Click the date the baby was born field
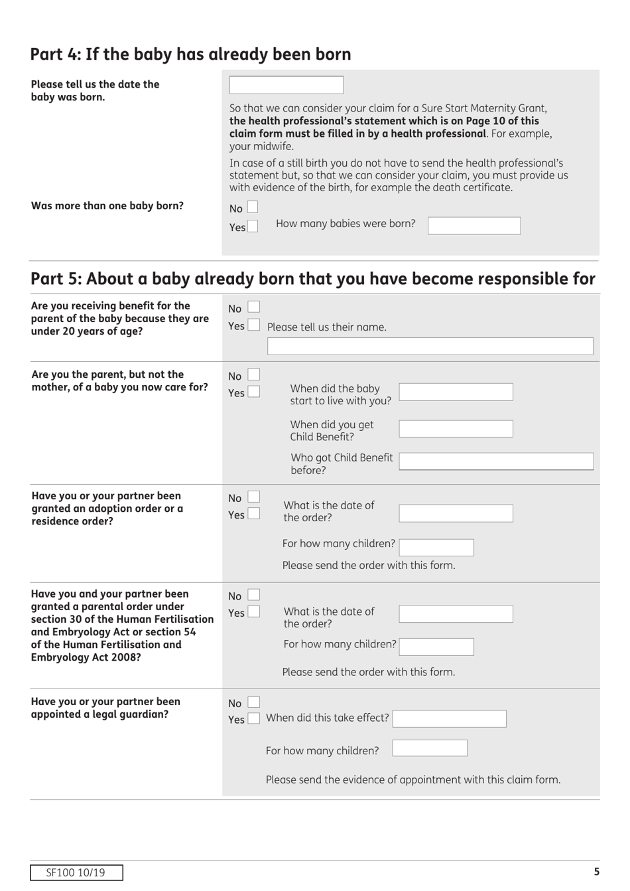coord(286,85)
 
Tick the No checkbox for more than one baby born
coord(253,208)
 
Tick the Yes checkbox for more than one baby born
coord(253,226)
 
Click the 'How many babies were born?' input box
coord(473,226)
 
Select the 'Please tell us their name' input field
coord(430,346)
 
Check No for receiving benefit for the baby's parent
coord(254,307)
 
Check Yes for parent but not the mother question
coord(254,392)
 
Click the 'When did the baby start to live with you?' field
coord(456,392)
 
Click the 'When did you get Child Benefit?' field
coord(456,428)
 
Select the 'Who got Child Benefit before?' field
coord(496,461)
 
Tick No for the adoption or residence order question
coord(254,497)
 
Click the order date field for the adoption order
coord(456,513)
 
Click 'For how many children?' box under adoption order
coord(436,547)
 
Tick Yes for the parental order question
coord(254,611)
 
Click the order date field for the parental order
coord(456,613)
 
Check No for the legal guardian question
coord(254,702)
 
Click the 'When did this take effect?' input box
coord(449,718)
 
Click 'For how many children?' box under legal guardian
coord(430,748)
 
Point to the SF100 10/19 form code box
coord(76,872)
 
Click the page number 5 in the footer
coord(596,872)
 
